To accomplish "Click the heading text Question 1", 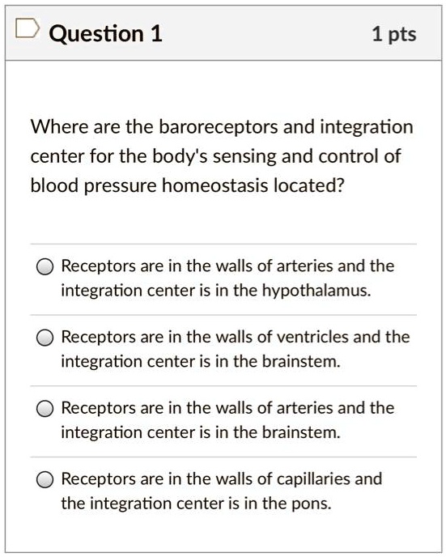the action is pyautogui.click(x=105, y=33).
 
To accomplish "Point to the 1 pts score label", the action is pyautogui.click(x=393, y=33).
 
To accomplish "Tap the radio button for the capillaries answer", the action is pyautogui.click(x=46, y=480).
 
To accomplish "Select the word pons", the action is pyautogui.click(x=313, y=504).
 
